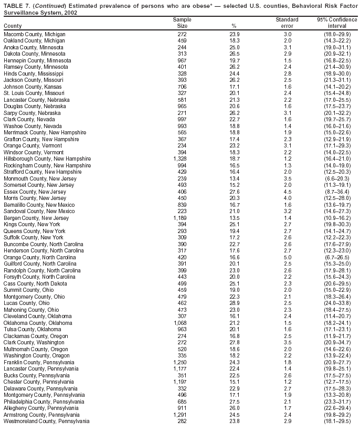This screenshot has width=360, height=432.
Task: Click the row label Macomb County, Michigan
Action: click(34, 34)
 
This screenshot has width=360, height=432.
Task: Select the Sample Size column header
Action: click(182, 23)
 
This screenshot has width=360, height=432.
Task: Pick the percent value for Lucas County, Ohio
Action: click(235, 303)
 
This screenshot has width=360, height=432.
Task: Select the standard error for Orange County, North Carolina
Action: click(288, 257)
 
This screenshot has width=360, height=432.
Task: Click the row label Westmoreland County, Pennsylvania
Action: click(46, 422)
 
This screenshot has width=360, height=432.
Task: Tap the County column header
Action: click(13, 26)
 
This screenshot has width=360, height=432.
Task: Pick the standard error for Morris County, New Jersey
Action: click(288, 198)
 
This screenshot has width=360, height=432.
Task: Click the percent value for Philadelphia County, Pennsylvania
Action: click(235, 402)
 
